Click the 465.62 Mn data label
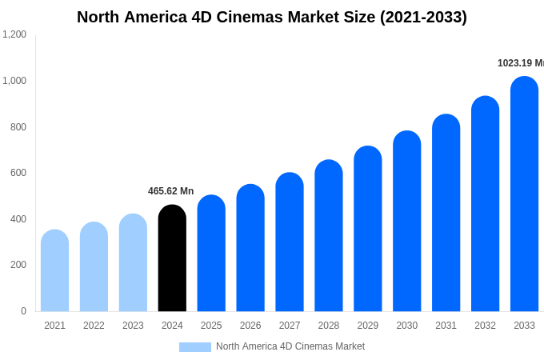tap(170, 191)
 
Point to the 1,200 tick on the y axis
tap(14, 34)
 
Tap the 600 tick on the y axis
tap(18, 173)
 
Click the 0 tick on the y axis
tap(23, 311)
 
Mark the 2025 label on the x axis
tap(211, 326)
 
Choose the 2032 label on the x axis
tap(485, 326)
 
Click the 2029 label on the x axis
tap(367, 326)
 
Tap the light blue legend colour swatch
tap(194, 347)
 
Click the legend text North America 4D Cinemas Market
tap(290, 346)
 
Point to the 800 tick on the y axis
tap(18, 126)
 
